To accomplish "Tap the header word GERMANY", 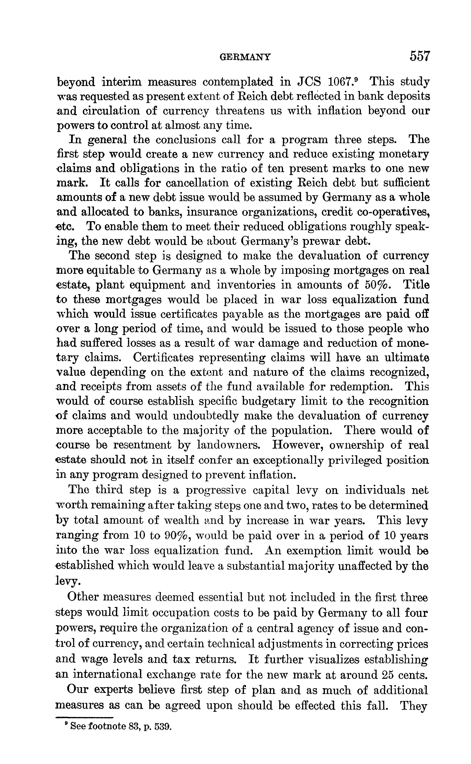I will (245, 57).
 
